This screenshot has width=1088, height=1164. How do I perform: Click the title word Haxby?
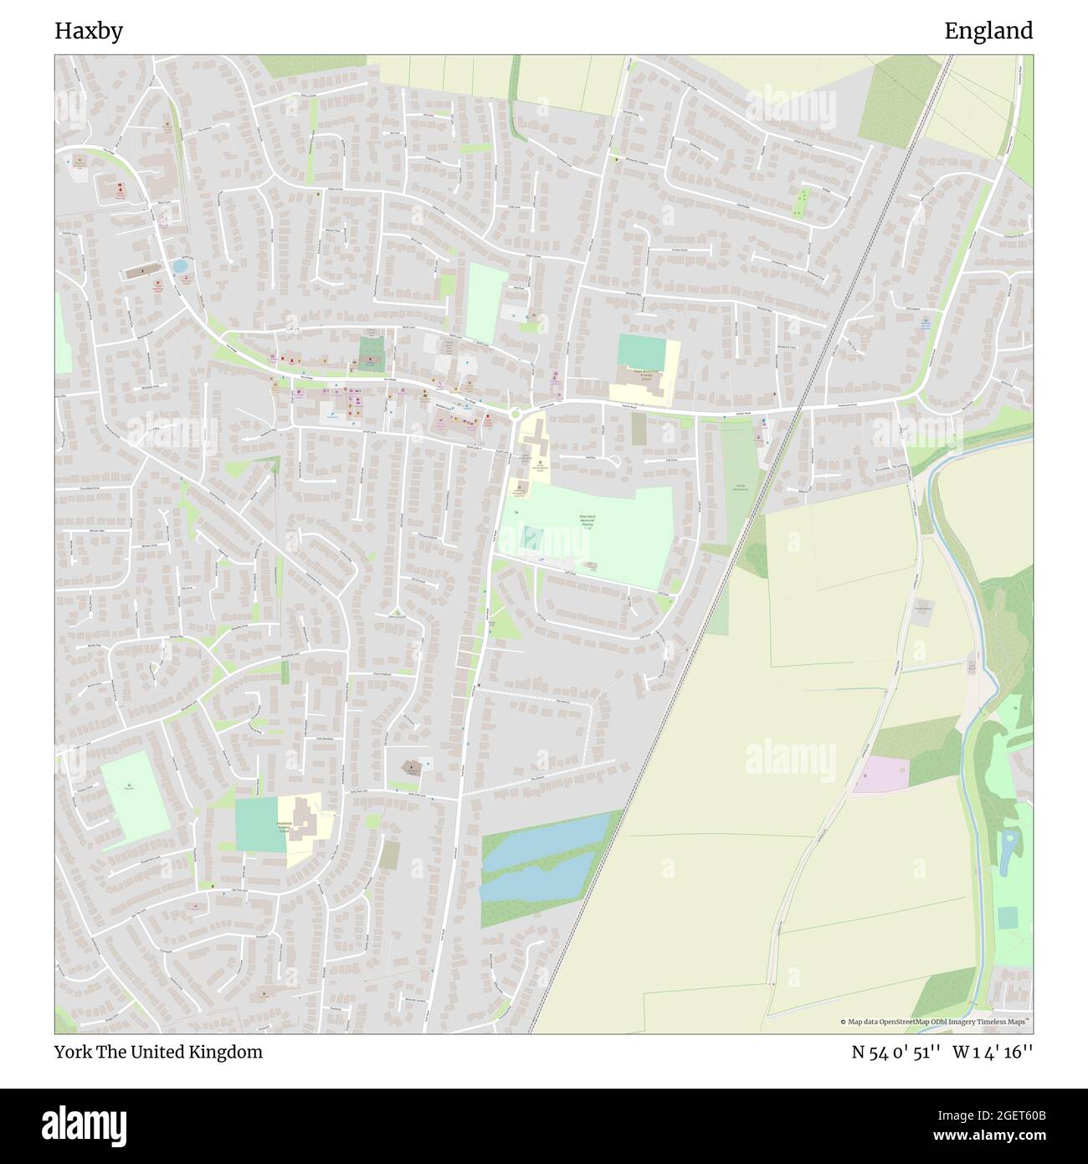click(x=89, y=32)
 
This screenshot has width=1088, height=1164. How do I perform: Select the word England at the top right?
click(x=988, y=32)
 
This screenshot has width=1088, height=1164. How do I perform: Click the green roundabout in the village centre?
click(x=515, y=413)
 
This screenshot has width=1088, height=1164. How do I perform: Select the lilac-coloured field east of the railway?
click(x=880, y=773)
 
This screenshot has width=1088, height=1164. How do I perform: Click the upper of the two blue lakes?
click(x=548, y=840)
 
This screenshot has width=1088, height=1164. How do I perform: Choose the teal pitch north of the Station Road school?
click(x=640, y=350)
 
